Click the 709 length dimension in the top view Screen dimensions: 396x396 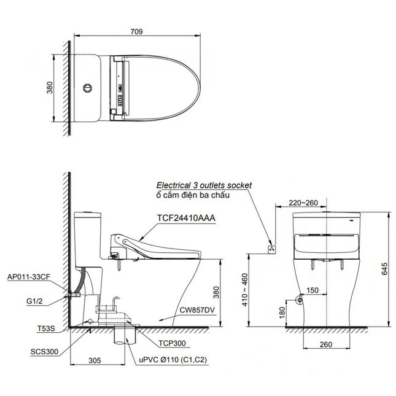point(136,31)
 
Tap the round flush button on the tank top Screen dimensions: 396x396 point(87,88)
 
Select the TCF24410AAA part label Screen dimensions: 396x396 point(186,218)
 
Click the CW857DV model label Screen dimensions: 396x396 point(197,310)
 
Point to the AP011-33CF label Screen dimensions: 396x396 point(29,277)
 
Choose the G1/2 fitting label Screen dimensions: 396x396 point(34,301)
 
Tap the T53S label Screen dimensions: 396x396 point(46,328)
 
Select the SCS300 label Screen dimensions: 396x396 point(44,352)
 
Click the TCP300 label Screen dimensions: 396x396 point(172,343)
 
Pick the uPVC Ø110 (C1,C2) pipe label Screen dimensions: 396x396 point(173,360)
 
